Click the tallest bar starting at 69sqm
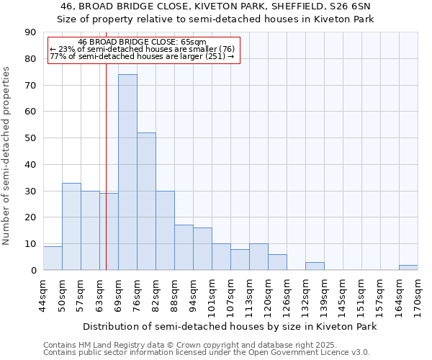coord(127,172)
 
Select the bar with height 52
coord(146,202)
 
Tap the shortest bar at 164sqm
coord(408,267)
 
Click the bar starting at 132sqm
coord(315,266)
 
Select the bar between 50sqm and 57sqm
coord(71,227)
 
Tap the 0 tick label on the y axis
coord(33,271)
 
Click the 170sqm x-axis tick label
coord(418,295)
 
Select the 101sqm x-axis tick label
coord(212,295)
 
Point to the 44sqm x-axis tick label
coord(44,295)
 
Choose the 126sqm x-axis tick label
coord(287,295)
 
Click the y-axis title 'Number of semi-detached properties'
coord(7,156)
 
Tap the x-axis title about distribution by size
coord(230,327)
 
